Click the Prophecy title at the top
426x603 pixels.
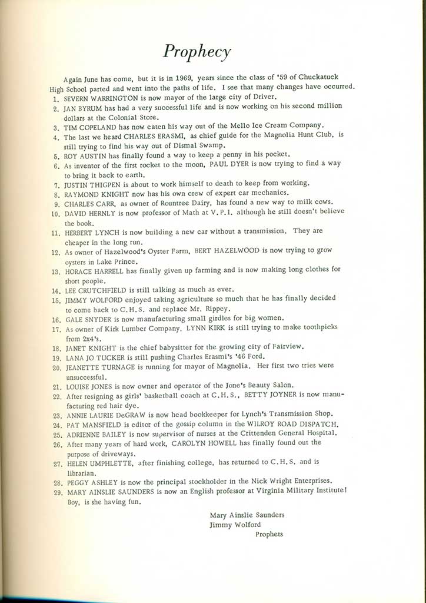[197, 52]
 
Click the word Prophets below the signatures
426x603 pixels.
[269, 534]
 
